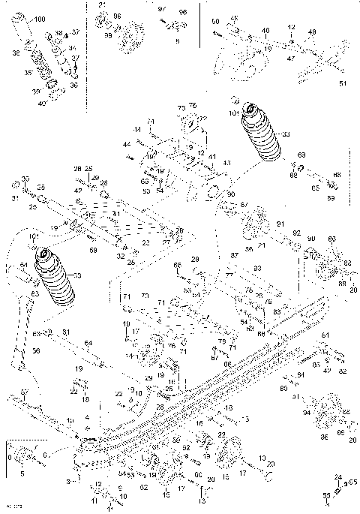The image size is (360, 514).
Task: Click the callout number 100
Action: [39, 18]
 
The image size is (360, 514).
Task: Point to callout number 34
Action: [73, 48]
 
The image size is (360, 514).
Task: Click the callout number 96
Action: [116, 16]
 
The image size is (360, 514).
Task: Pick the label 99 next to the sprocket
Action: [107, 35]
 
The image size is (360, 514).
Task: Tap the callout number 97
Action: [160, 8]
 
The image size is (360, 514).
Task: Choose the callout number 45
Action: [234, 18]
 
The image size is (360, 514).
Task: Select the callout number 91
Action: [280, 224]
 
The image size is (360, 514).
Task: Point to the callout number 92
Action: [296, 233]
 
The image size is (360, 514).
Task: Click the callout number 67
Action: [243, 204]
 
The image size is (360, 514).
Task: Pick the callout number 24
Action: [337, 476]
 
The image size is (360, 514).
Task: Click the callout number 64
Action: [88, 343]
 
